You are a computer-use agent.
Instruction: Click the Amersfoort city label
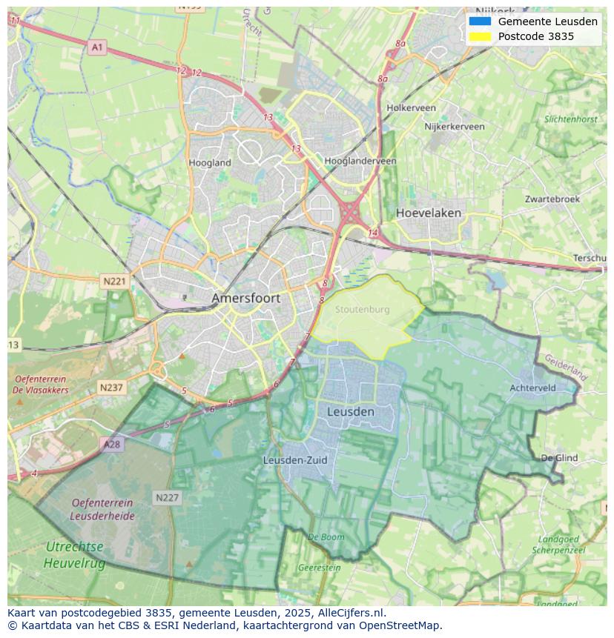(x=245, y=298)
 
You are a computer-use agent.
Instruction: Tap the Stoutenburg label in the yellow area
(x=362, y=310)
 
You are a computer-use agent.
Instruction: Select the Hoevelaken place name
(x=428, y=213)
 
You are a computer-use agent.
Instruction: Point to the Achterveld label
(x=532, y=388)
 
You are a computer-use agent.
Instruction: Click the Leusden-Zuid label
(x=295, y=460)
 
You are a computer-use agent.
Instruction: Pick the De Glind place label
(x=559, y=458)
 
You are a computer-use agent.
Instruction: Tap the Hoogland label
(x=210, y=162)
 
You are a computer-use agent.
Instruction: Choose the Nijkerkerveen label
(x=454, y=127)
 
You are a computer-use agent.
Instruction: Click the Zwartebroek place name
(x=552, y=199)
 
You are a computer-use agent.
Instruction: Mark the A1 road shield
(x=97, y=47)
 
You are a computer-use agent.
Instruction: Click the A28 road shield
(x=111, y=444)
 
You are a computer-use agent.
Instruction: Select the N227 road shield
(x=167, y=497)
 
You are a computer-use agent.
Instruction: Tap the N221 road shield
(x=114, y=282)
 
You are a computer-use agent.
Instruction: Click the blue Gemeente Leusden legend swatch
(x=480, y=21)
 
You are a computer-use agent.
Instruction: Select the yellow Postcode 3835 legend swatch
(x=480, y=36)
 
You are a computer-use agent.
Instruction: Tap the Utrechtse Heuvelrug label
(x=74, y=555)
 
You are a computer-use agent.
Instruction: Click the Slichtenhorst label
(x=570, y=119)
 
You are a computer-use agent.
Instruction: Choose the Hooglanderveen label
(x=360, y=161)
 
